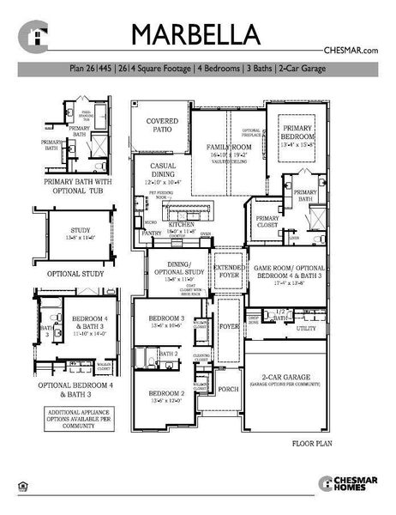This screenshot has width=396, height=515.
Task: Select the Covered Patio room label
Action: point(162,125)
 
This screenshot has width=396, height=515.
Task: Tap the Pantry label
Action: point(152,233)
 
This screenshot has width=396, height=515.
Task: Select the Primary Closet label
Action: point(267,222)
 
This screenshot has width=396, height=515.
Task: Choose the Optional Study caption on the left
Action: point(75,274)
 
